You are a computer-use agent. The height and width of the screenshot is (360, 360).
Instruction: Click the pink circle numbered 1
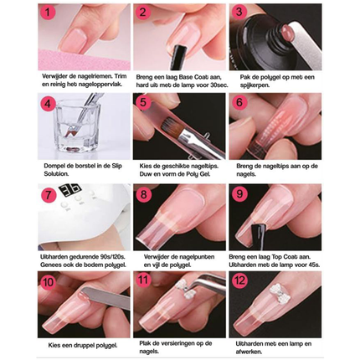click(49, 13)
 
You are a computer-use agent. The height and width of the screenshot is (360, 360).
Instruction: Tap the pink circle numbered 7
click(49, 194)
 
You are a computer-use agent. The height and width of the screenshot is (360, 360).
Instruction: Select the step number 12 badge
click(239, 280)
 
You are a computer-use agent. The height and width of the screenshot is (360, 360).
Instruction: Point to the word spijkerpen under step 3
click(255, 85)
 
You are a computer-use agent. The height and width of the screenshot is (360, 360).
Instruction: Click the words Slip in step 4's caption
click(116, 166)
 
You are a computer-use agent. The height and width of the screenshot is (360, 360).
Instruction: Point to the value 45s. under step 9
click(314, 265)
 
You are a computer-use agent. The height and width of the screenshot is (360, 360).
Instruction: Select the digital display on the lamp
click(69, 190)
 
